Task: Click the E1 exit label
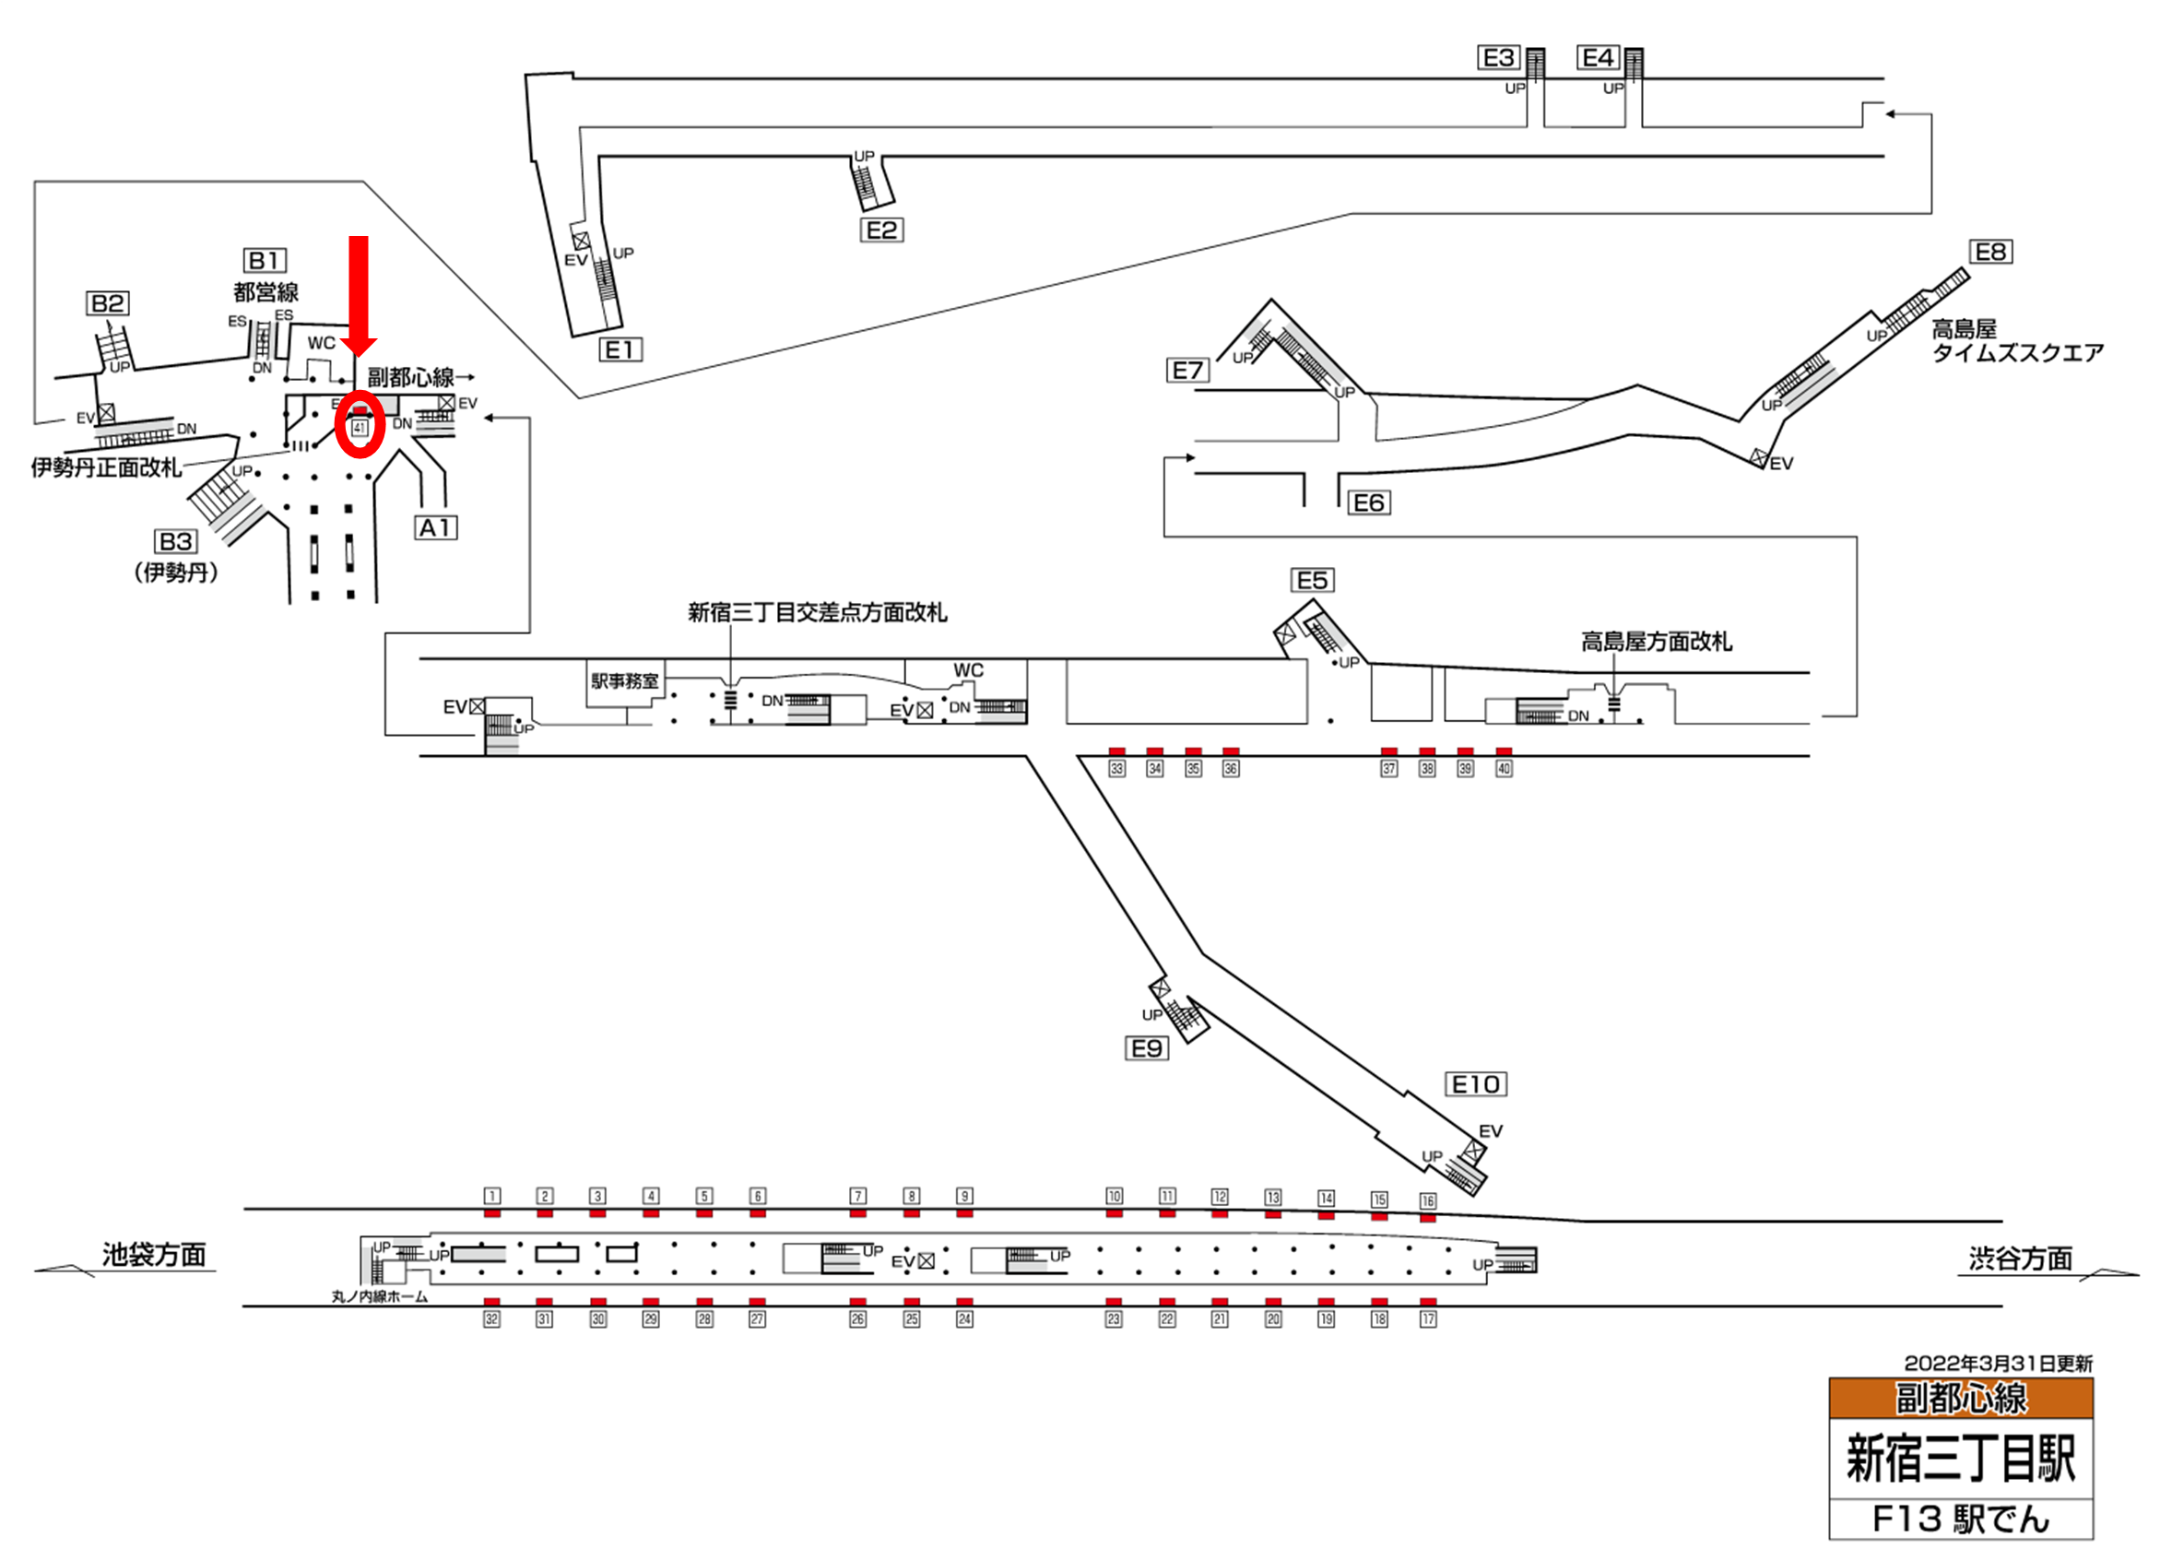click(x=620, y=349)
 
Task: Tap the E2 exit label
click(x=881, y=230)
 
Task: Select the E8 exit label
click(x=1990, y=252)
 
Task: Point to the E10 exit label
click(x=1475, y=1084)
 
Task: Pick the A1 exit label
click(x=436, y=527)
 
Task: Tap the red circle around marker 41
click(x=360, y=424)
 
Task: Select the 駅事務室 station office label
click(x=624, y=681)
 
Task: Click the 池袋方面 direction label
click(x=154, y=1254)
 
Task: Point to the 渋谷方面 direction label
click(x=2020, y=1259)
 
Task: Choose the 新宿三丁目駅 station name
click(x=1960, y=1458)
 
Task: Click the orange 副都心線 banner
click(x=1960, y=1398)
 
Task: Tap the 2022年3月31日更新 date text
click(x=1998, y=1364)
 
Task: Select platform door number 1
click(x=491, y=1195)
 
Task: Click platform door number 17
click(x=1428, y=1319)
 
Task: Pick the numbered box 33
click(x=1117, y=769)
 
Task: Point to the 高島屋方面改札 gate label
click(x=1657, y=642)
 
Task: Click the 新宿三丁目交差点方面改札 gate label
click(x=817, y=612)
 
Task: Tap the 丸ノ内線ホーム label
click(x=379, y=1296)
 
